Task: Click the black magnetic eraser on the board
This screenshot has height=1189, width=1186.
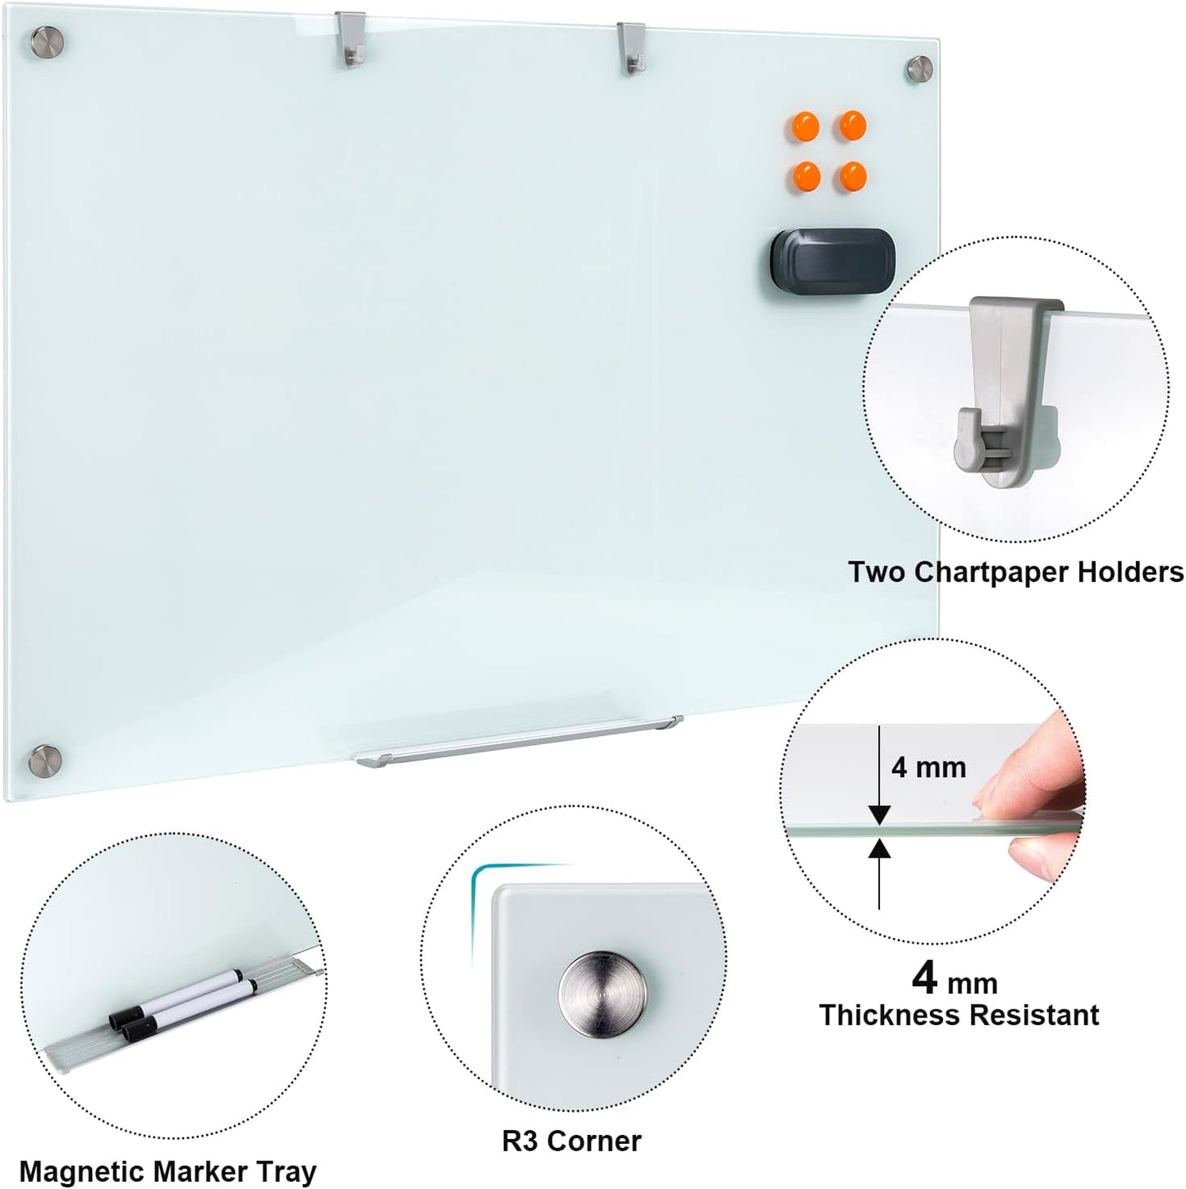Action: [832, 259]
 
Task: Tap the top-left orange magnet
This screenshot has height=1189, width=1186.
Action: [805, 127]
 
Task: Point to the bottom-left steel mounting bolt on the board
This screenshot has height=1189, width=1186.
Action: [46, 760]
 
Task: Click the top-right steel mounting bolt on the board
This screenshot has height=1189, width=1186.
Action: [919, 69]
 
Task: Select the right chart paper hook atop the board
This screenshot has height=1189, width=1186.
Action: [631, 49]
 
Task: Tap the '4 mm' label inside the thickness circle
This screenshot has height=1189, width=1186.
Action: [928, 767]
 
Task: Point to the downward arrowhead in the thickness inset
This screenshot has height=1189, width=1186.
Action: [879, 814]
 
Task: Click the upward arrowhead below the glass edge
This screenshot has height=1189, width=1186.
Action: [879, 848]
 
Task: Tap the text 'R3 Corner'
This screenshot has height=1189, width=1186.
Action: [571, 1141]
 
